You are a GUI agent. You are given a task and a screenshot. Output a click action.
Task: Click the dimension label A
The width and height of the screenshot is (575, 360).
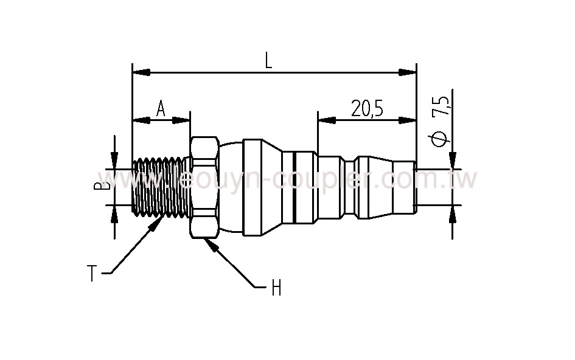click(x=161, y=108)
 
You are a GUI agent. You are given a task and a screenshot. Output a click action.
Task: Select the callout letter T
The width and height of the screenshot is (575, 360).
click(x=91, y=274)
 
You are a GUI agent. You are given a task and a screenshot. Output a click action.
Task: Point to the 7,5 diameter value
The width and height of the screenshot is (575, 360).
click(x=443, y=105)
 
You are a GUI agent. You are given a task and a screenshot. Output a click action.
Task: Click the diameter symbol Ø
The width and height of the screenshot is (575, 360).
click(x=442, y=139)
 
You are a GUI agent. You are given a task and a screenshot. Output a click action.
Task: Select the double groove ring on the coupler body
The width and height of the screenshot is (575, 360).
click(x=293, y=187)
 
